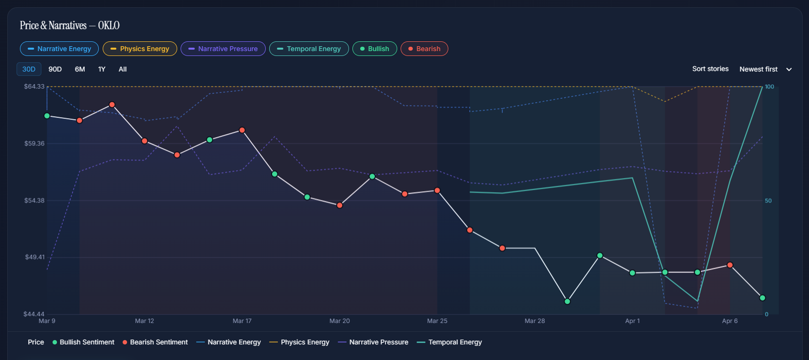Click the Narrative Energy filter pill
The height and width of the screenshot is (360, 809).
[59, 49]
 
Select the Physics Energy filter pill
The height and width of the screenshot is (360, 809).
[140, 49]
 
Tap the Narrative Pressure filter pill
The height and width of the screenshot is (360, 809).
[223, 49]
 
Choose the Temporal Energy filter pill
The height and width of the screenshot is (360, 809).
[309, 49]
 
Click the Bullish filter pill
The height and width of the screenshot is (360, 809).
[374, 49]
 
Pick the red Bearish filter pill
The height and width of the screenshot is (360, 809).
[424, 49]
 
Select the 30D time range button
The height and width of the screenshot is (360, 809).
[29, 69]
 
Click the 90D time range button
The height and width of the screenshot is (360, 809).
[55, 69]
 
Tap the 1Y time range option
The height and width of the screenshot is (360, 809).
[102, 69]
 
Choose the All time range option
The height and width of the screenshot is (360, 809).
[123, 69]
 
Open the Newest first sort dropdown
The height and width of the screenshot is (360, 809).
[766, 69]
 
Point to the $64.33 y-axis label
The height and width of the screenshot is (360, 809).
[34, 87]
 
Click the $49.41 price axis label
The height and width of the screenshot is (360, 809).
[35, 257]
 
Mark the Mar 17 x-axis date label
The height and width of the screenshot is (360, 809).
[242, 321]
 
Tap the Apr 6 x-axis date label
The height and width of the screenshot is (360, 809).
[730, 321]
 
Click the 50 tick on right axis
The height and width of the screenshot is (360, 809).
[768, 200]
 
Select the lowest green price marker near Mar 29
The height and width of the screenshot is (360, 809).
[567, 302]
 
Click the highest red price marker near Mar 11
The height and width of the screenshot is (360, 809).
[112, 105]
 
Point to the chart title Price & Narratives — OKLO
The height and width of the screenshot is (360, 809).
[70, 25]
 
